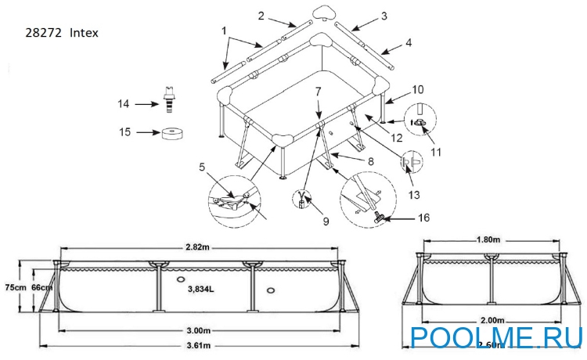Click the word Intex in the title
[84, 33]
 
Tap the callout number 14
[124, 103]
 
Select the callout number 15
[124, 132]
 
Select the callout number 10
[418, 89]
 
